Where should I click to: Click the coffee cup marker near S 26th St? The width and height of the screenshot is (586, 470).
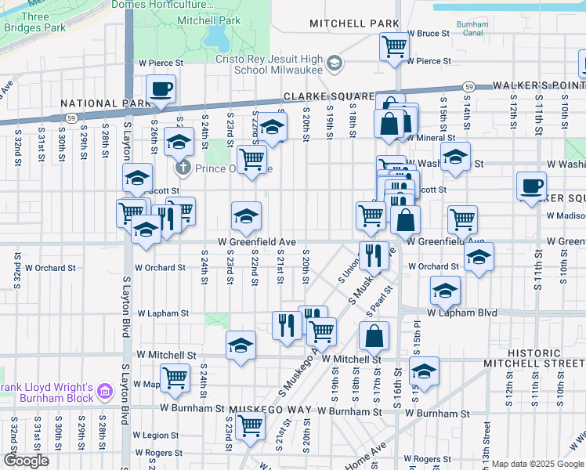(161, 88)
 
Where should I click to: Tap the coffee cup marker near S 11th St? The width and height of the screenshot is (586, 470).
(532, 185)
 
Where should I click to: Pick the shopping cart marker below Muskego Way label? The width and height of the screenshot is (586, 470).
(250, 426)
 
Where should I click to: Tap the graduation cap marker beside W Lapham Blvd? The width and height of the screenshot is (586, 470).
(445, 291)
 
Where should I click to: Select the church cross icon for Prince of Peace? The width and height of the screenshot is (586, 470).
(183, 168)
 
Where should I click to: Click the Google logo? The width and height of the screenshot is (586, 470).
(26, 461)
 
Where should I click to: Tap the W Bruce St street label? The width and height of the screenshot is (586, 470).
(429, 34)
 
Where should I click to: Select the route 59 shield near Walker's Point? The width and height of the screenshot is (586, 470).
(468, 86)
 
